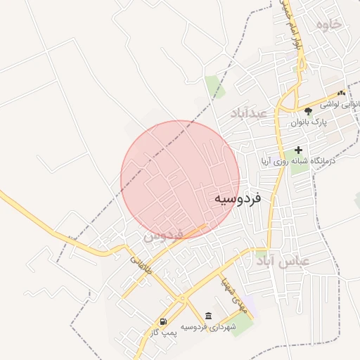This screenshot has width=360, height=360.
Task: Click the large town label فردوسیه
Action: pyautogui.click(x=237, y=199)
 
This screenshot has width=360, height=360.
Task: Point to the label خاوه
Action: pyautogui.click(x=328, y=25)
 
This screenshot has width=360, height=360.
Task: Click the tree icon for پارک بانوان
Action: pyautogui.click(x=307, y=111)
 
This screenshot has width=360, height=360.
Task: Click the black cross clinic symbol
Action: pyautogui.click(x=299, y=150)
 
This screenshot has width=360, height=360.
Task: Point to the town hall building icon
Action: pyautogui.click(x=207, y=316)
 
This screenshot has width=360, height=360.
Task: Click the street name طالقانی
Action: pyautogui.click(x=139, y=264)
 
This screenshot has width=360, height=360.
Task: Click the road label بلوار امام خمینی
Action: pyautogui.click(x=289, y=25)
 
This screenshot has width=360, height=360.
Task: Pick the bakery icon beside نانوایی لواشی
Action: pyautogui.click(x=342, y=92)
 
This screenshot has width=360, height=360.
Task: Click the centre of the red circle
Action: pyautogui.click(x=180, y=179)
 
